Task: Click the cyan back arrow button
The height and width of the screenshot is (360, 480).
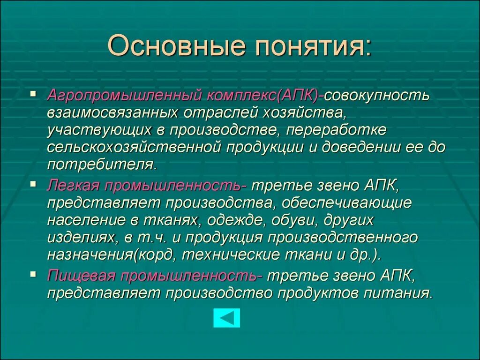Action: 226,318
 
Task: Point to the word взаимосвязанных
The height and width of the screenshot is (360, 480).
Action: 112,112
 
